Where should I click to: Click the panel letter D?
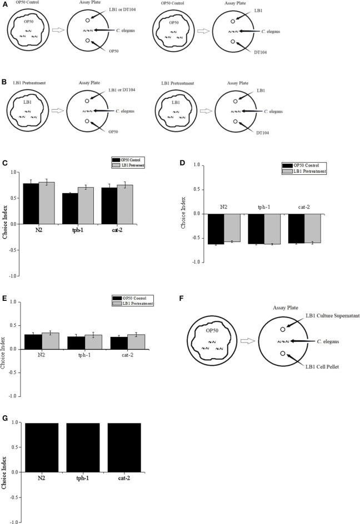point(183,163)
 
